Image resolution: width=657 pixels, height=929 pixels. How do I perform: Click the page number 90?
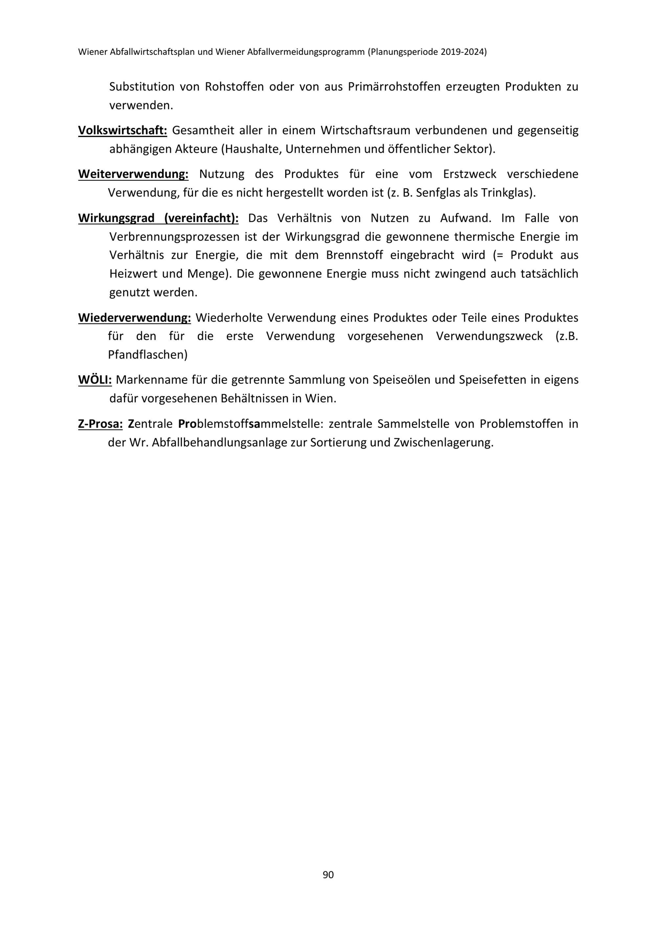(328, 875)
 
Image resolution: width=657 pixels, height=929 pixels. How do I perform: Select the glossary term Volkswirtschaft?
(122, 131)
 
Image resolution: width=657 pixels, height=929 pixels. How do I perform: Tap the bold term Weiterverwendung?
(133, 174)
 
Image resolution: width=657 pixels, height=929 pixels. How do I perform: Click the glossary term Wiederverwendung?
(134, 318)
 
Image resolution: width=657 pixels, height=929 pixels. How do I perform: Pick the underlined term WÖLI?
(95, 380)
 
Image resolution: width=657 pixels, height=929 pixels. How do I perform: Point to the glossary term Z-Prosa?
(100, 424)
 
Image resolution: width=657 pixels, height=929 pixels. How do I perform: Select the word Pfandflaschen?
(148, 355)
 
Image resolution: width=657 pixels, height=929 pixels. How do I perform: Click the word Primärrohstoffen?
(394, 87)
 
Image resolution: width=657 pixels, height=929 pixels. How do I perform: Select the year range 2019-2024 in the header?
(463, 52)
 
